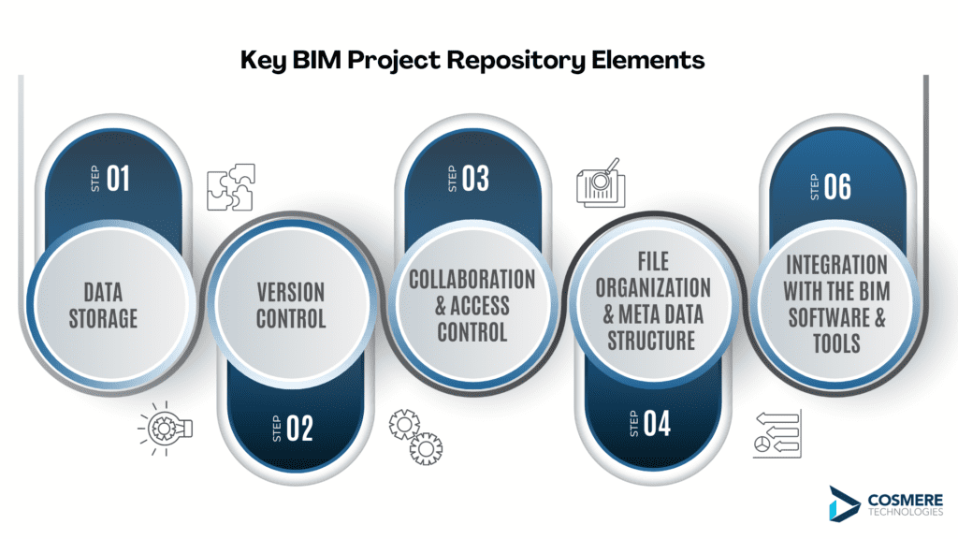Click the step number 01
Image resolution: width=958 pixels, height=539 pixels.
click(118, 179)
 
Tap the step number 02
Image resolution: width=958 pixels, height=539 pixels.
click(299, 428)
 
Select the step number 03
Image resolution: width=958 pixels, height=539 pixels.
click(475, 179)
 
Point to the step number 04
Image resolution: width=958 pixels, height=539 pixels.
click(657, 423)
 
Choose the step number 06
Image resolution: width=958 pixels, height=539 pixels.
click(837, 186)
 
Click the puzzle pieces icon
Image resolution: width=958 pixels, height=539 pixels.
click(231, 187)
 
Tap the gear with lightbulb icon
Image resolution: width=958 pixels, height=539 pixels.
click(165, 429)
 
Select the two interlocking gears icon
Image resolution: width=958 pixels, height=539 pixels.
click(415, 437)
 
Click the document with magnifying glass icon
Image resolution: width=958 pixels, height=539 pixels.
click(602, 182)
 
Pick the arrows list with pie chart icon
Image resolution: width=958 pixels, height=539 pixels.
click(777, 434)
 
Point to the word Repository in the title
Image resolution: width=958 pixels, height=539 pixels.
click(515, 61)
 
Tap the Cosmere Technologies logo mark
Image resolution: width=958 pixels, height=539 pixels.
click(844, 503)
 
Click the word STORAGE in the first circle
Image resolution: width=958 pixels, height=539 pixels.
click(103, 318)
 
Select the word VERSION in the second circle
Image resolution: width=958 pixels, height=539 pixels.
click(291, 292)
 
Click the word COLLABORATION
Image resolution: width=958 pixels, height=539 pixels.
click(472, 279)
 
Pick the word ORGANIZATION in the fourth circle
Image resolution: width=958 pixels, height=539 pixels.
click(653, 288)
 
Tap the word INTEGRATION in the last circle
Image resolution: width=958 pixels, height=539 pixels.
click(836, 265)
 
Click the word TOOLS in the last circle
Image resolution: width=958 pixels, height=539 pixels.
click(836, 343)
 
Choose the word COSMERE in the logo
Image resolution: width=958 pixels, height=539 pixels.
click(906, 501)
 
